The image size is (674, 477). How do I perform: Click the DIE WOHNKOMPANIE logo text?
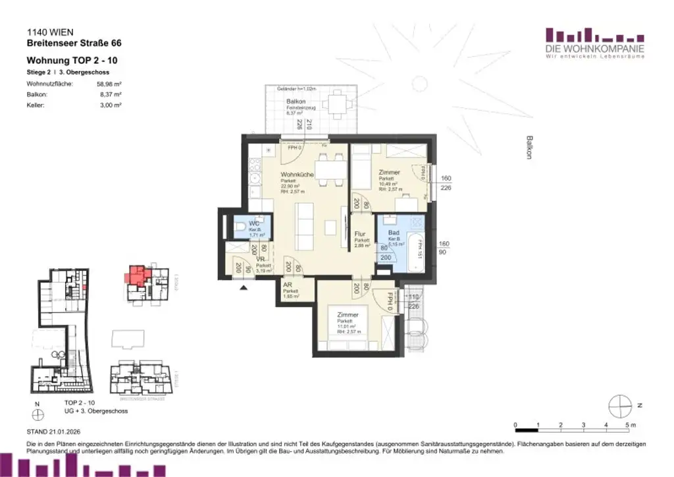(x=594, y=49)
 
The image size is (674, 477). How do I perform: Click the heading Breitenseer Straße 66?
(x=74, y=43)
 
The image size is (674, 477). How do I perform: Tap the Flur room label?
(x=360, y=235)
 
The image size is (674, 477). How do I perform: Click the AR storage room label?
(x=288, y=285)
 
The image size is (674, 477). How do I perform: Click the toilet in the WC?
(x=240, y=229)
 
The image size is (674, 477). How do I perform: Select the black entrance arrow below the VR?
(x=244, y=287)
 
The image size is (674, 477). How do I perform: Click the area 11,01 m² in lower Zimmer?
(x=346, y=326)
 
